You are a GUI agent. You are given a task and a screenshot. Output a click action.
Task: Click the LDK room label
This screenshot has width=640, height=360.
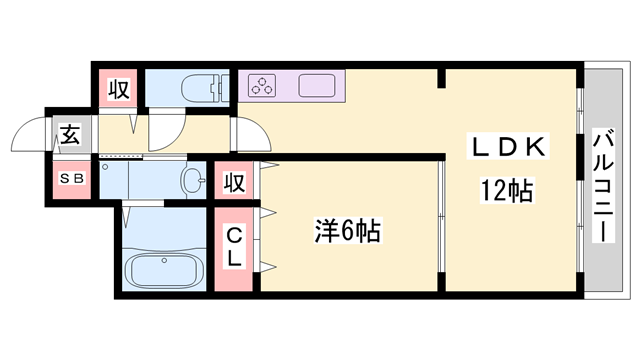tap(509, 147)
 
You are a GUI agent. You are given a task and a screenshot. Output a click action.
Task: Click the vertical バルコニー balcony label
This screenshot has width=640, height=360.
tap(603, 185)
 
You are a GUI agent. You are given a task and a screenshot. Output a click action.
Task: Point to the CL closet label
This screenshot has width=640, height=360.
tap(234, 247)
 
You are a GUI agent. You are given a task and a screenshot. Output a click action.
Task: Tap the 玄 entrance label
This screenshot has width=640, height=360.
tap(70, 134)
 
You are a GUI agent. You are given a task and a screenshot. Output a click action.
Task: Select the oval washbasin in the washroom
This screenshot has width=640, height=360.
tap(191, 180)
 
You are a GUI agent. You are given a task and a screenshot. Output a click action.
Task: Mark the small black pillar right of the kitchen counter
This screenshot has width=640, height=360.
tap(440, 77)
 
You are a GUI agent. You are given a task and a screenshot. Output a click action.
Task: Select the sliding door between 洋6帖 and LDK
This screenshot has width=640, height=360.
tap(440, 217)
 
